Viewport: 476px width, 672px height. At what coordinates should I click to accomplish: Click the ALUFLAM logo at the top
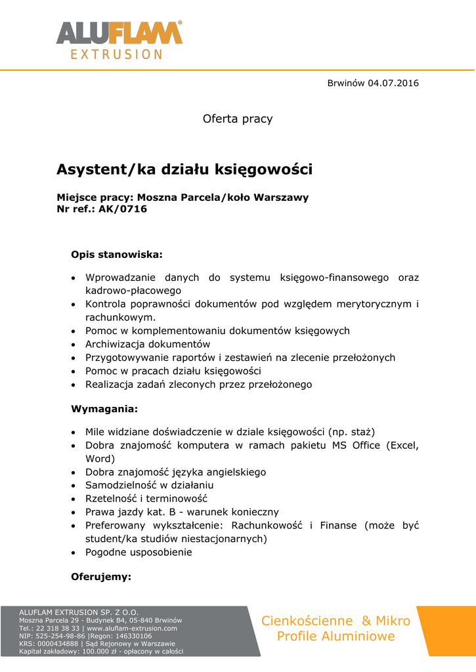tap(119, 33)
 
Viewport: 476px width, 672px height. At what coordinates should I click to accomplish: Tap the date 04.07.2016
tap(393, 83)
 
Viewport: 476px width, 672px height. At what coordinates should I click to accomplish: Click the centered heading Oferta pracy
tap(238, 119)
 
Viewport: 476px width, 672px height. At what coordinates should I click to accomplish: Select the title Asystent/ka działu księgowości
tap(184, 169)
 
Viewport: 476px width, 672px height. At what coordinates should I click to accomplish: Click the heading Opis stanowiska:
tap(116, 253)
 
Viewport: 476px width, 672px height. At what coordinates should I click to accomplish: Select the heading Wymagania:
tap(104, 409)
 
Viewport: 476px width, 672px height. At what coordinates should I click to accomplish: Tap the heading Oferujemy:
tap(101, 577)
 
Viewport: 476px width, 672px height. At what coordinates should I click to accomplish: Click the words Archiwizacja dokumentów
tap(148, 344)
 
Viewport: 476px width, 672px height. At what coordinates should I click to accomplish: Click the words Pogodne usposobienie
tap(139, 552)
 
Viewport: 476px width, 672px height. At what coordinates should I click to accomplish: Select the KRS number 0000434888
tap(54, 644)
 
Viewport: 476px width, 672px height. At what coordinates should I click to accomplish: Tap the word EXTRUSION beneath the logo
tap(117, 54)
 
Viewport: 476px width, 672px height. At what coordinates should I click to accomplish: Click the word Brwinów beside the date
tap(345, 83)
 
